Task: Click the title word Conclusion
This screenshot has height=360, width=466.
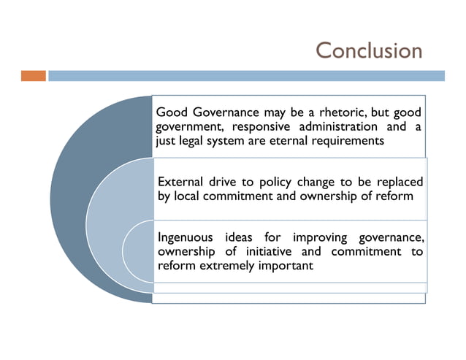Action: (x=369, y=50)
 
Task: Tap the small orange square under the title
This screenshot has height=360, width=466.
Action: (x=33, y=75)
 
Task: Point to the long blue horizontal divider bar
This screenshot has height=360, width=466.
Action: (x=246, y=75)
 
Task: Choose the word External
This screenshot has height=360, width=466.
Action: (x=183, y=182)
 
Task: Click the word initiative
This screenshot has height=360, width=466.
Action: (x=266, y=252)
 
